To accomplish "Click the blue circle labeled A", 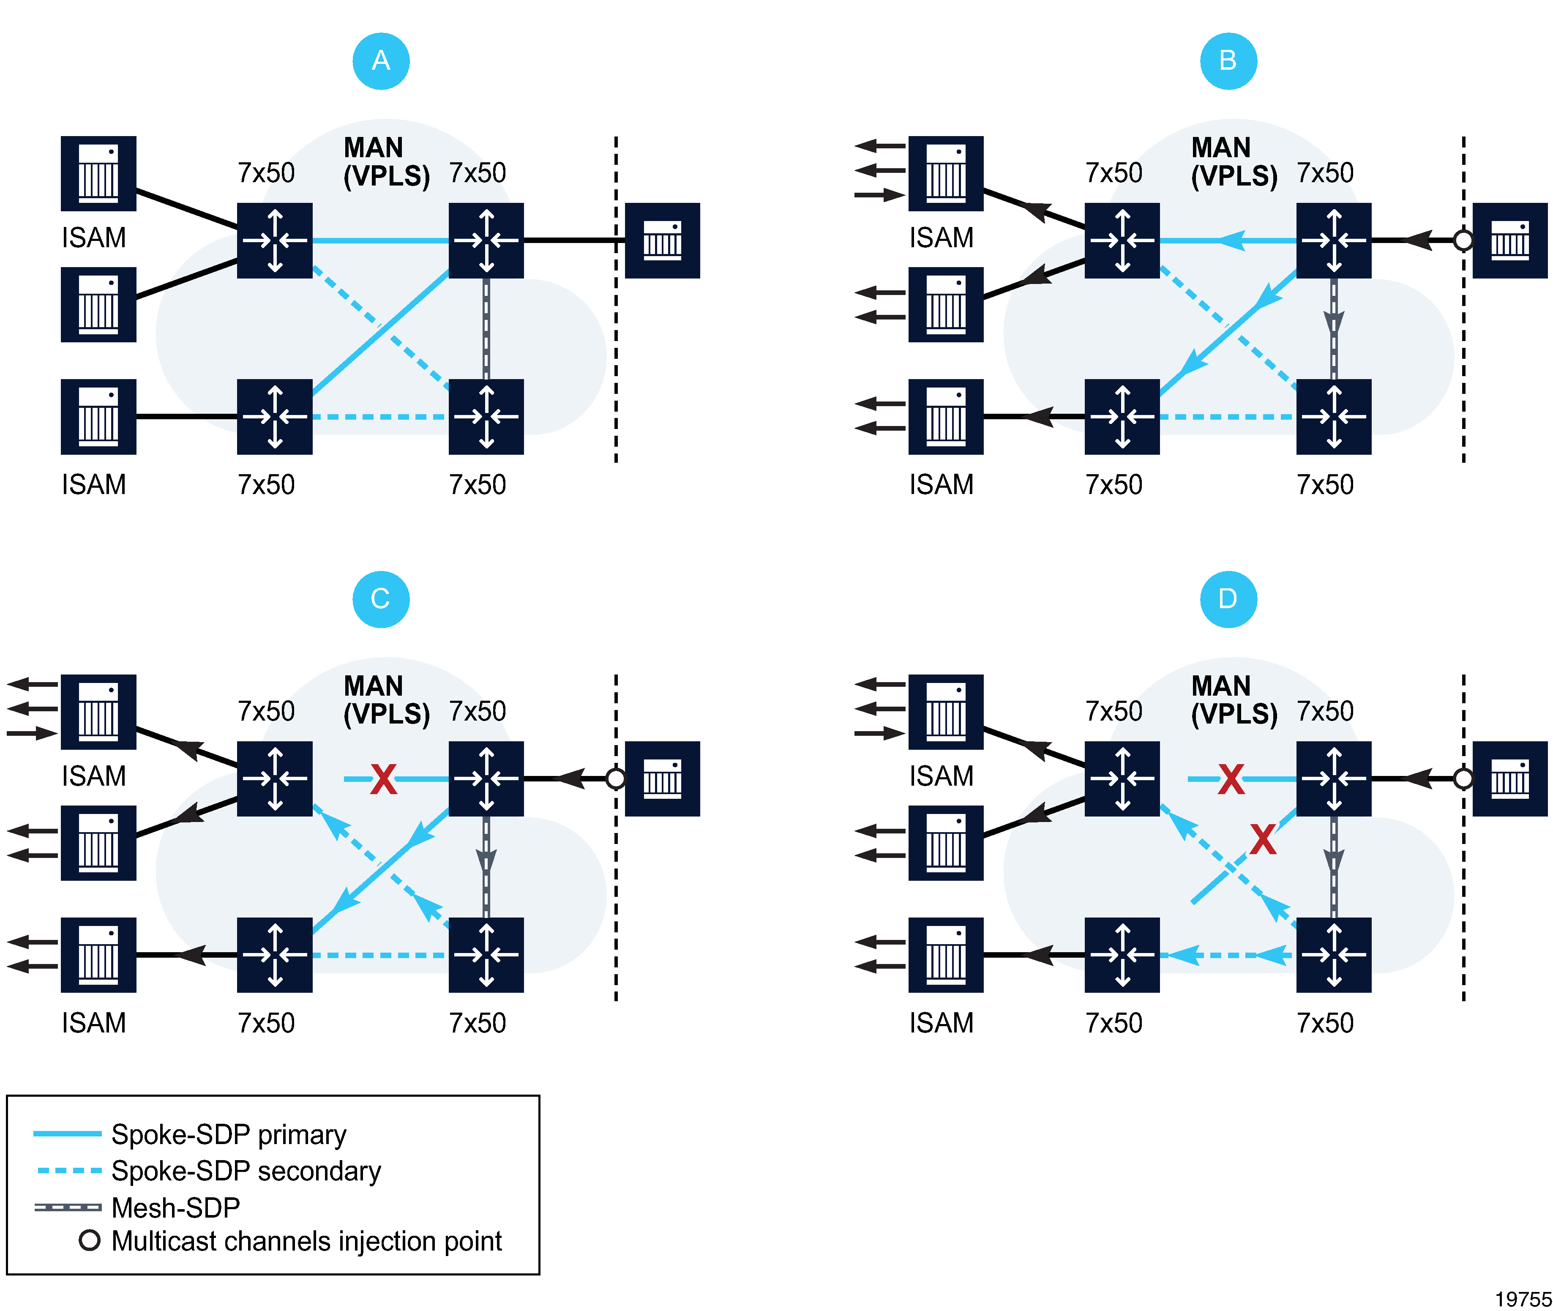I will pos(380,61).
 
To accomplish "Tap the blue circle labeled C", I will pos(380,599).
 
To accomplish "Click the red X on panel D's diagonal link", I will pos(1262,840).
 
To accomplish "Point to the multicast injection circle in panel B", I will pos(1463,240).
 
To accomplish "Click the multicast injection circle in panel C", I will pos(615,779).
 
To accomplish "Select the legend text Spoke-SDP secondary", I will pos(246,1171).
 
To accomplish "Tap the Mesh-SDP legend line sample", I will pos(68,1207).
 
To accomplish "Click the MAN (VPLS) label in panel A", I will pos(386,162).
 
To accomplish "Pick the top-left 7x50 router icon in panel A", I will pos(274,240).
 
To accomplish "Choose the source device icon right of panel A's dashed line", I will pos(662,240).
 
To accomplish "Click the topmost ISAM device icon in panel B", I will pos(945,173).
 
